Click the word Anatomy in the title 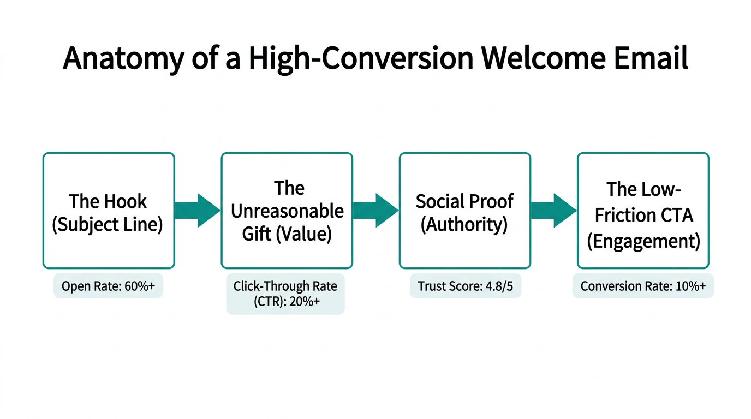123,59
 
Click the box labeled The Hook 109,211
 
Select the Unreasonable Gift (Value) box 287,211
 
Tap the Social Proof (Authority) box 464,211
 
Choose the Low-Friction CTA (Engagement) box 643,211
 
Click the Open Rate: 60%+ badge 108,286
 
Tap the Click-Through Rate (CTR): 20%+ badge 285,294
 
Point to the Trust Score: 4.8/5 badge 465,286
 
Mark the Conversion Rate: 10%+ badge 643,286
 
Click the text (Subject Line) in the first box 108,224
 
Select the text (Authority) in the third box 464,224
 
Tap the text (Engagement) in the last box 643,240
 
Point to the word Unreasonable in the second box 287,211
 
